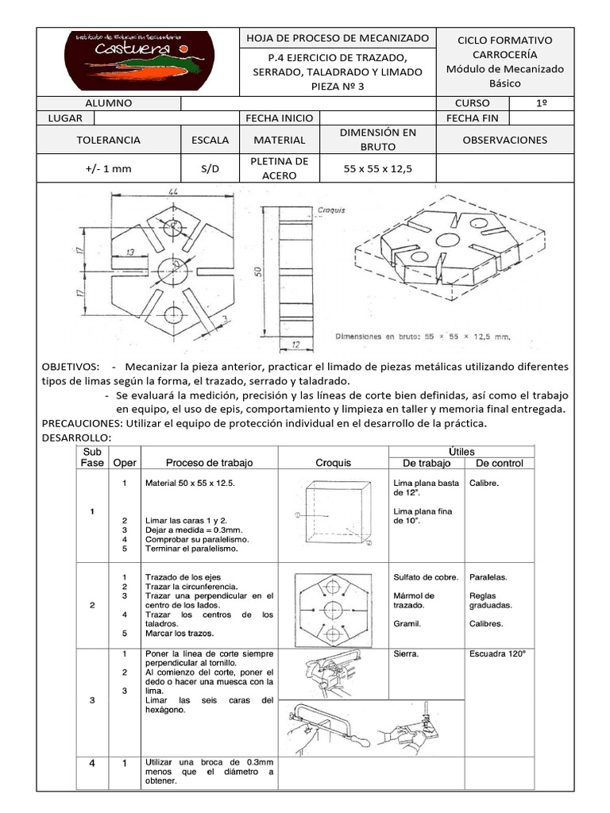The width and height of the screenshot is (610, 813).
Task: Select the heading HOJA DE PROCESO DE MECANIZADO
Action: pyautogui.click(x=338, y=38)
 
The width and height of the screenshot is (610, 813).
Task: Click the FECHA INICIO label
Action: pyautogui.click(x=280, y=118)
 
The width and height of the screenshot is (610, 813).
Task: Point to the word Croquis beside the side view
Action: pyautogui.click(x=330, y=211)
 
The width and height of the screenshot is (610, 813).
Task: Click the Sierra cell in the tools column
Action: pyautogui.click(x=406, y=655)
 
